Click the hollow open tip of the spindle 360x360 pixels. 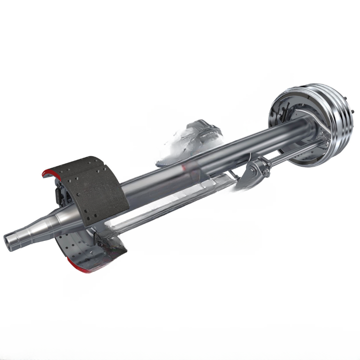[x=10, y=241]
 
